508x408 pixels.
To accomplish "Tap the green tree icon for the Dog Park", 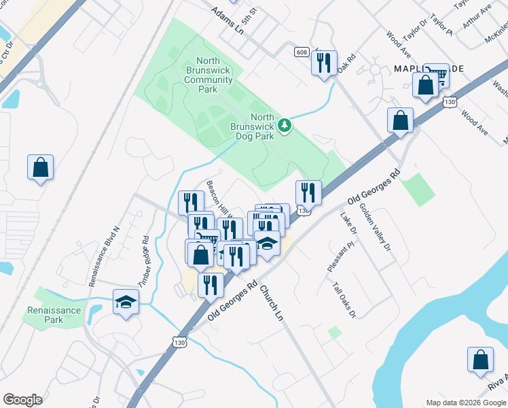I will point(286,125).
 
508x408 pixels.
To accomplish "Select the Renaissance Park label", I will point(54,315).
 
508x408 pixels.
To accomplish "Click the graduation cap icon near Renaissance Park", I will point(126,301).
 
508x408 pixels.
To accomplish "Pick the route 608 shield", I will point(302,52).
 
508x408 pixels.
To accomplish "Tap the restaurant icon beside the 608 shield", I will point(324,63).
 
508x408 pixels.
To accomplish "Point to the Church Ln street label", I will point(271,302).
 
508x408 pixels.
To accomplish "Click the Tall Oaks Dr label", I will point(345,300).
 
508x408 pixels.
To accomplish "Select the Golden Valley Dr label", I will point(376,226).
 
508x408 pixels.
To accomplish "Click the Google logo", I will point(22,399).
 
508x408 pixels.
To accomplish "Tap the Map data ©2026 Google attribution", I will point(466,403).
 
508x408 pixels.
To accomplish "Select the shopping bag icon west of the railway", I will point(40,167).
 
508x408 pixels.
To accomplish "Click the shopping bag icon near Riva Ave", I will point(480,360).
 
